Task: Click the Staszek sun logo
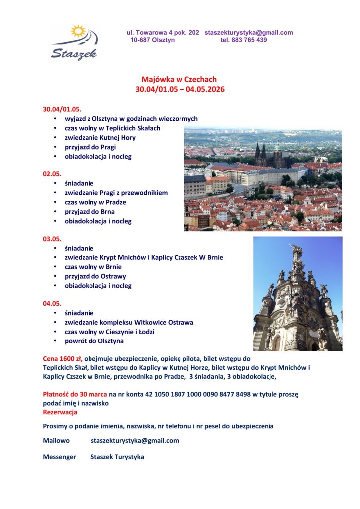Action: pyautogui.click(x=75, y=42)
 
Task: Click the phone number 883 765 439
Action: pyautogui.click(x=243, y=40)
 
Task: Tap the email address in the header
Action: pyautogui.click(x=249, y=32)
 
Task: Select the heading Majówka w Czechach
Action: pyautogui.click(x=179, y=79)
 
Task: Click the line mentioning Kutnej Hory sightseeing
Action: pyautogui.click(x=100, y=138)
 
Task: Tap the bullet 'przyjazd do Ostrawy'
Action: pyautogui.click(x=95, y=276)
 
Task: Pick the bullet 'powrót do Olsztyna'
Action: pyautogui.click(x=94, y=341)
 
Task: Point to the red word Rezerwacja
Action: pyautogui.click(x=60, y=412)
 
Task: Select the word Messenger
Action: pyautogui.click(x=59, y=457)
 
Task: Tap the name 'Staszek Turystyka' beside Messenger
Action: pyautogui.click(x=117, y=457)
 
